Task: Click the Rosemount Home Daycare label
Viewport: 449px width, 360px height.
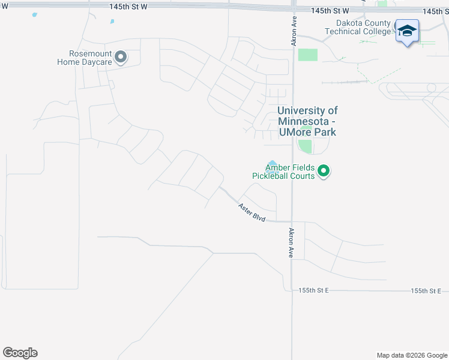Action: pos(85,57)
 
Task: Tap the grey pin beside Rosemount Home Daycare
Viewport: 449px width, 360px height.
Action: pos(121,57)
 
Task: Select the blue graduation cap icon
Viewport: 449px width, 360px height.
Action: pos(407,32)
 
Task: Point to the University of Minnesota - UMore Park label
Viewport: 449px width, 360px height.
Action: pos(307,121)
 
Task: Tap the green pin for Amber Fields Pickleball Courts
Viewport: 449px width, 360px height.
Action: pos(324,172)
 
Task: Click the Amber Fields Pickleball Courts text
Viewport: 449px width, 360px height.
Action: pos(283,172)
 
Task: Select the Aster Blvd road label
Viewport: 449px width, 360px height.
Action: pos(252,214)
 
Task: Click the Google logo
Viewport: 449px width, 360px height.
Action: pos(20,353)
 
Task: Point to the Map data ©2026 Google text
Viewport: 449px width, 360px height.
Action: pos(411,355)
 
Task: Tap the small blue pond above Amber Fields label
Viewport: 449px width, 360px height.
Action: pos(273,163)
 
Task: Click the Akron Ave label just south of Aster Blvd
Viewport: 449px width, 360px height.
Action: pos(292,243)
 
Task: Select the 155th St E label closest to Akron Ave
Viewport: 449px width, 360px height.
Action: pos(314,290)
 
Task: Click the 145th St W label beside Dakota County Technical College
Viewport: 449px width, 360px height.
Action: pos(330,11)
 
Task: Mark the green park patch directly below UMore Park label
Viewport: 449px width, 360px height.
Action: pos(306,146)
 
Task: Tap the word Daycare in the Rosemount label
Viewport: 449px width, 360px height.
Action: pos(95,61)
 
